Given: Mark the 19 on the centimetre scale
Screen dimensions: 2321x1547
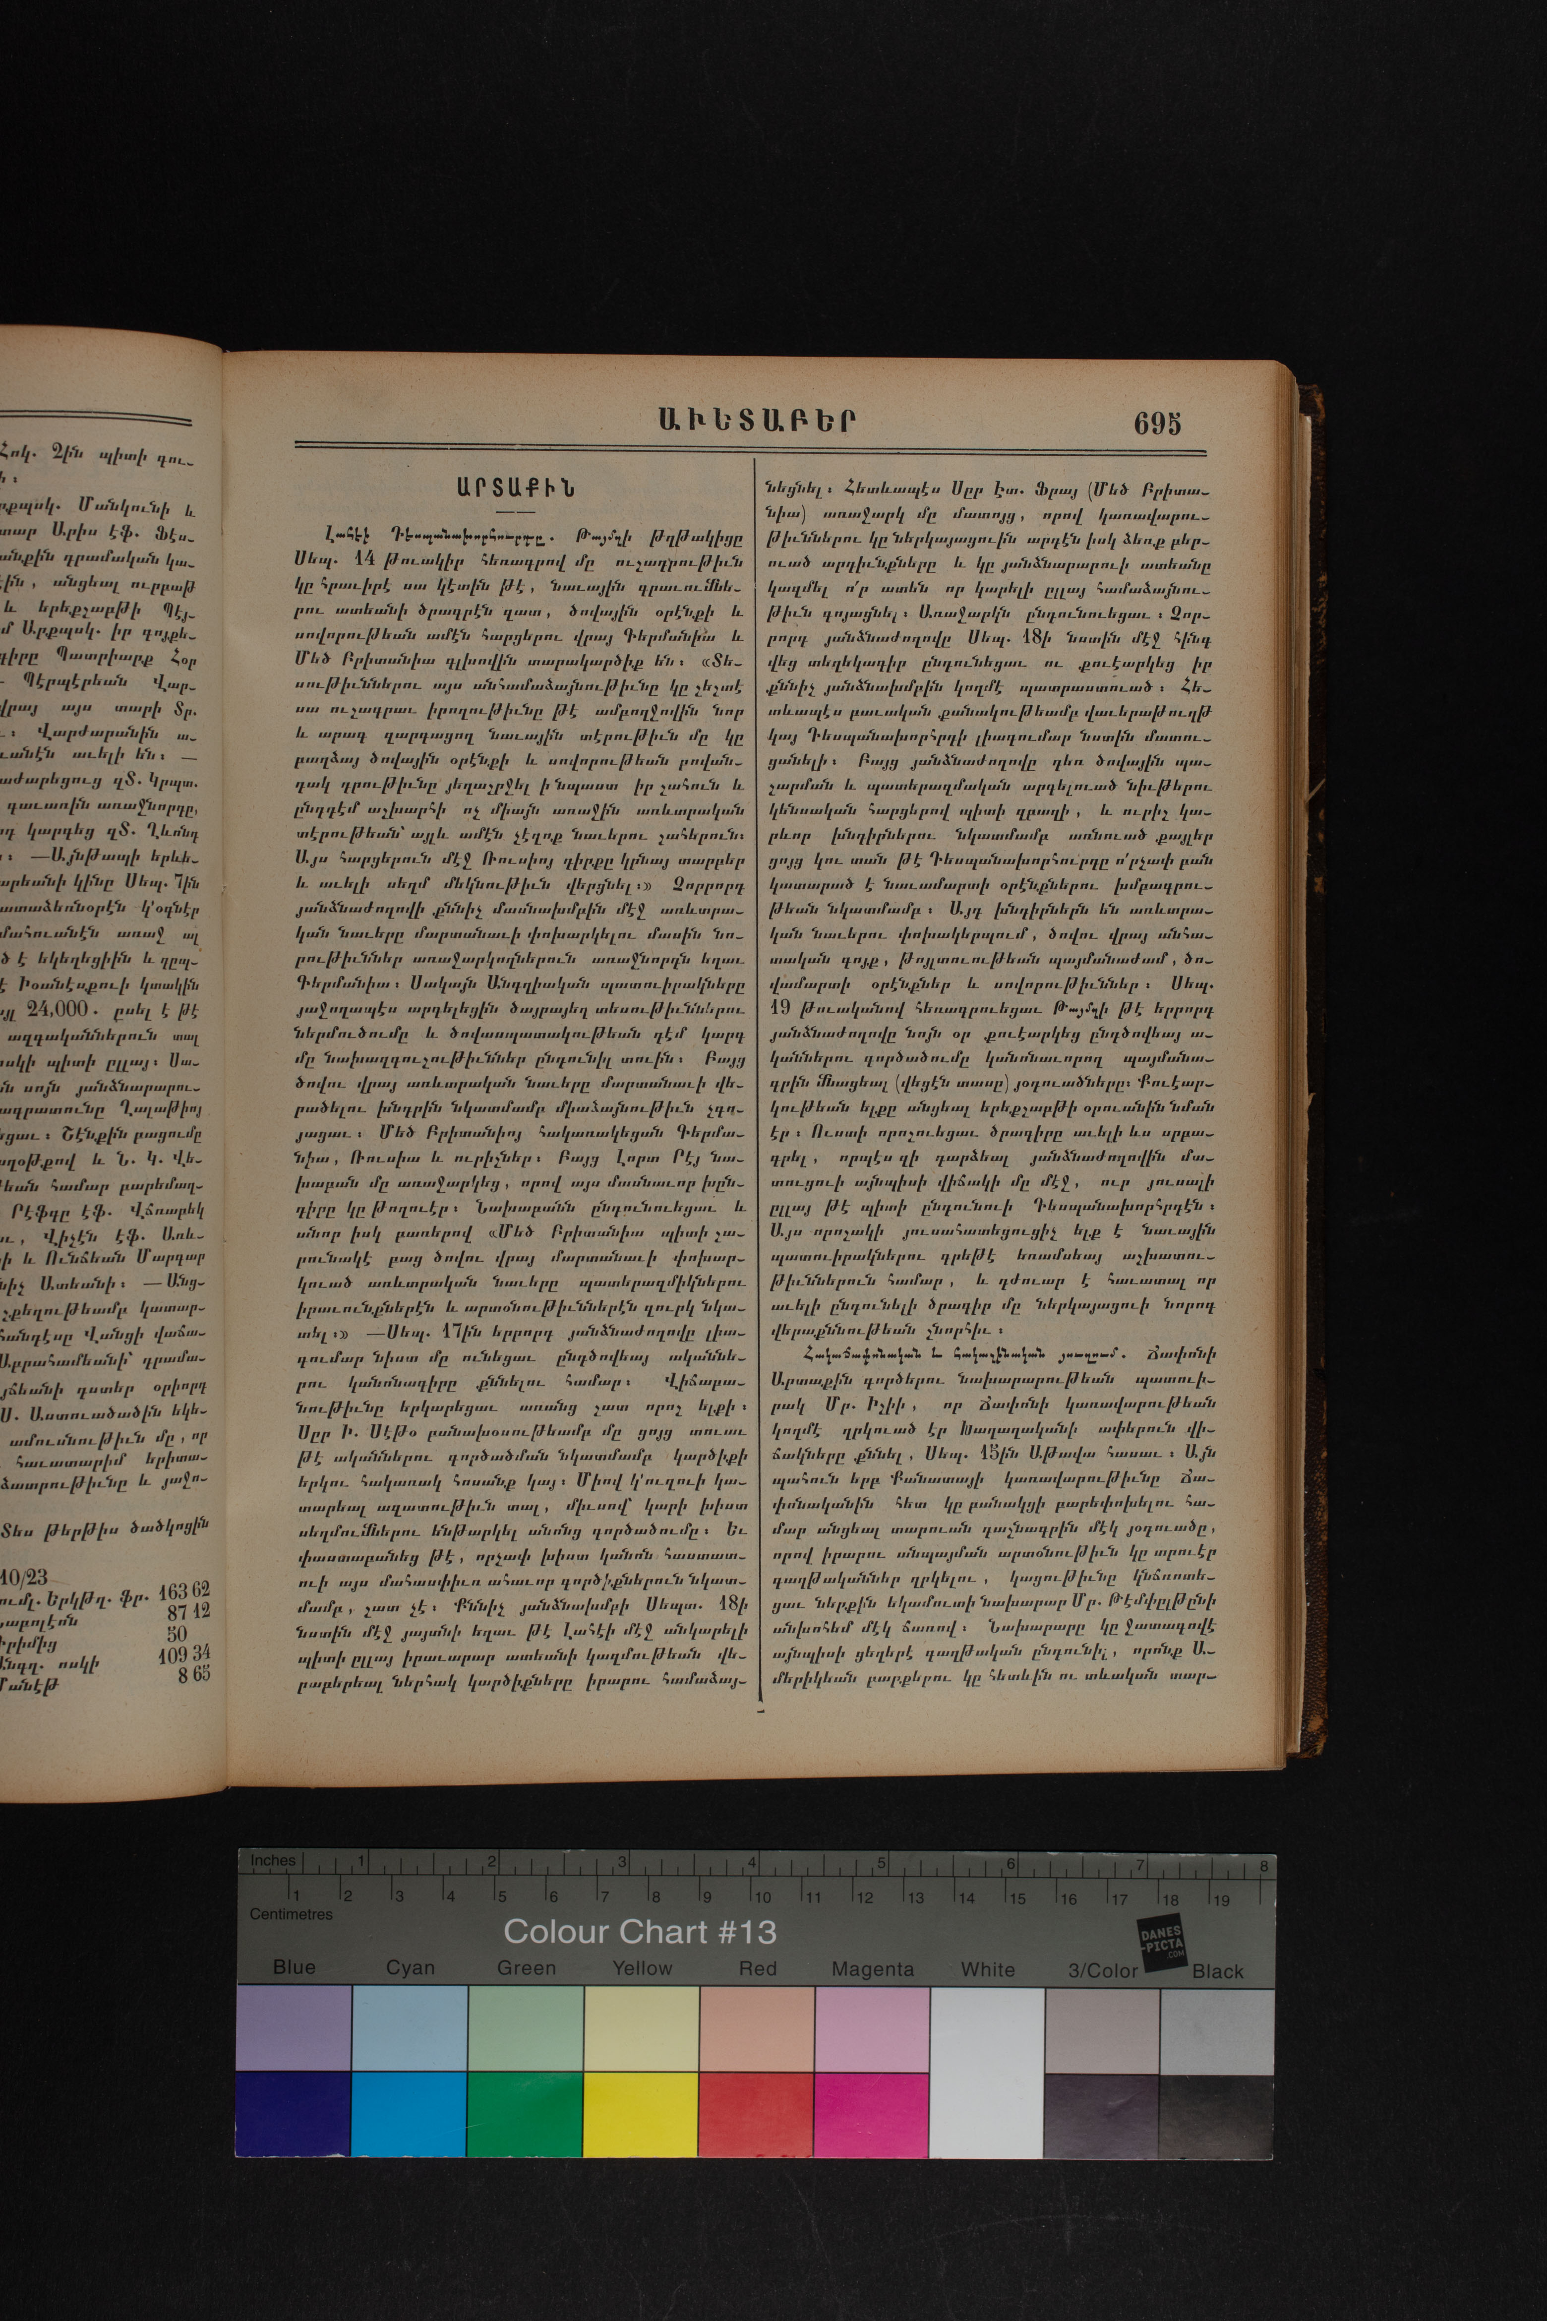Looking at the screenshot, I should point(1221,1898).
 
